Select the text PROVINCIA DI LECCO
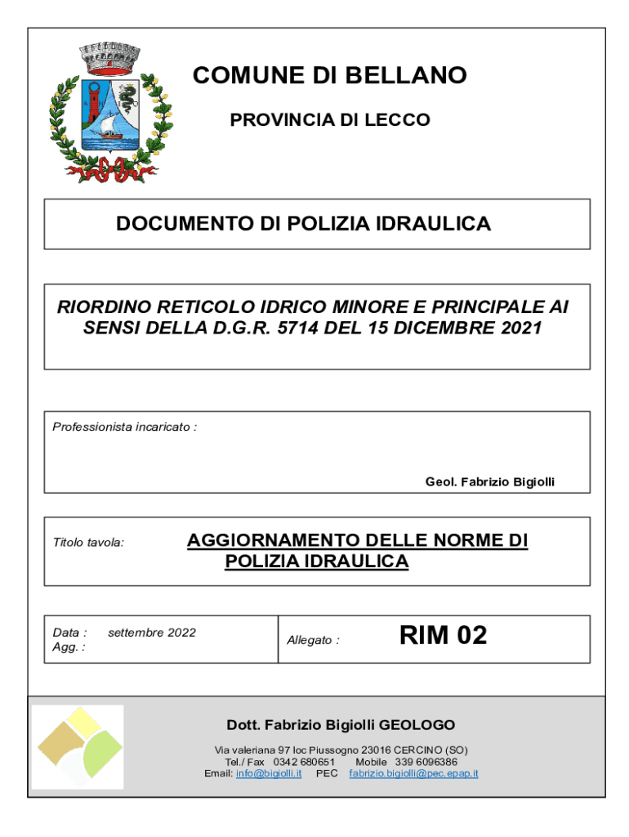pos(329,120)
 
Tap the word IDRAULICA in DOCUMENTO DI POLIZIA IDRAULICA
pos(435,223)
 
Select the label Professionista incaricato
pos(124,427)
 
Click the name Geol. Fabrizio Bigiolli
pos(489,482)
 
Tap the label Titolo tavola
pos(88,542)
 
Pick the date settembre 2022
pos(152,633)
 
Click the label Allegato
pos(313,640)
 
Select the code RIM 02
pos(443,635)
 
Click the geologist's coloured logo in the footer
pos(78,745)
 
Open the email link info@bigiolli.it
pos(269,773)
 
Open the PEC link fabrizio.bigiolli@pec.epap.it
pos(413,773)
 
